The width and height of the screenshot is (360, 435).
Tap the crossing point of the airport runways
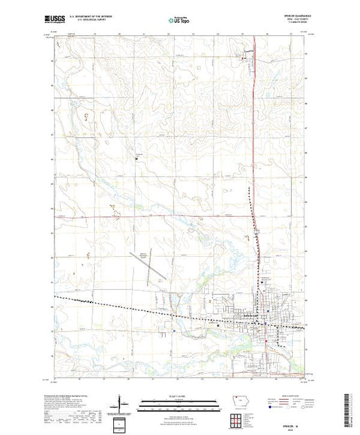point(155,265)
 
